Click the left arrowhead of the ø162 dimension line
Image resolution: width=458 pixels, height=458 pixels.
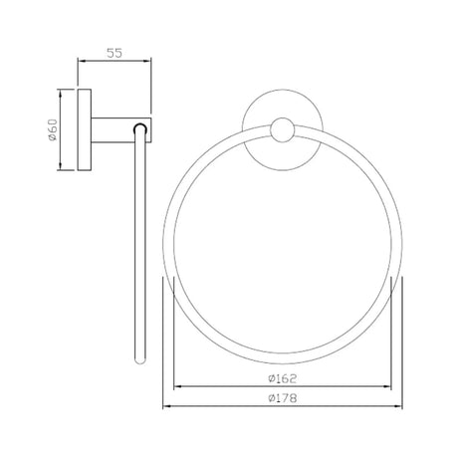pos(177,387)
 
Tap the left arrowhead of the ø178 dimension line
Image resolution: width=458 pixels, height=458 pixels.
pos(167,406)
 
